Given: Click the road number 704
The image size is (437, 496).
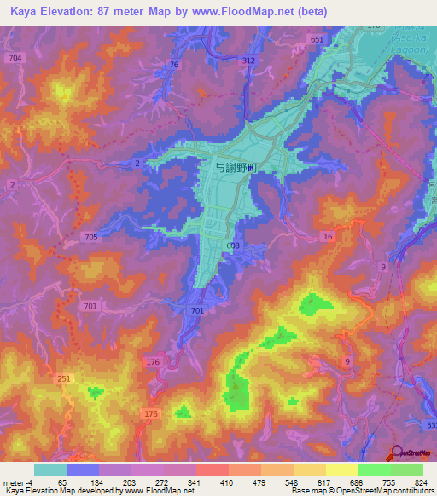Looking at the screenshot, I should click(13, 57).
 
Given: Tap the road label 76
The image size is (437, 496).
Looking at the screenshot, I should click(174, 65).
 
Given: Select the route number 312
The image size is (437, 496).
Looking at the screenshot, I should click(248, 61).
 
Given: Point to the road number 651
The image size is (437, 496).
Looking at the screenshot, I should click(318, 40).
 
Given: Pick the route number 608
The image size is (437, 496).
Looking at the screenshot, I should click(234, 245).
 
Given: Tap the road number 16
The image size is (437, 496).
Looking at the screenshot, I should click(328, 236).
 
